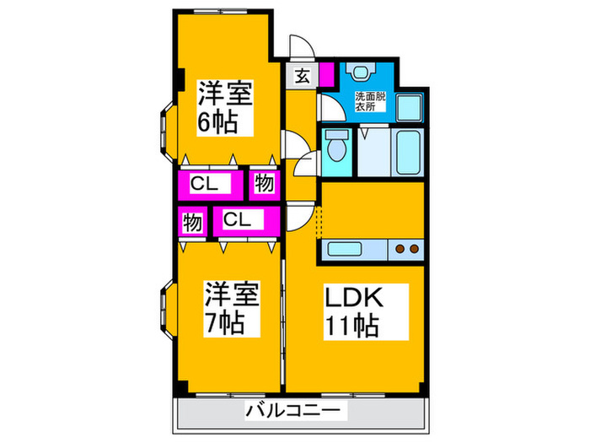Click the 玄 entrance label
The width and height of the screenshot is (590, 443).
[x=302, y=76]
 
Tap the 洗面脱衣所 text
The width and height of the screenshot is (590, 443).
[x=369, y=100]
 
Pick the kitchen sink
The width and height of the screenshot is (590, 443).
[x=346, y=250]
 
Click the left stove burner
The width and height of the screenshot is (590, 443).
[x=399, y=249]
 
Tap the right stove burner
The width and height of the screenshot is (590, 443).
[x=414, y=249]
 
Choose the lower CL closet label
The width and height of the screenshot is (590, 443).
[x=237, y=221]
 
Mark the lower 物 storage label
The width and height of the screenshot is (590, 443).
[x=191, y=223]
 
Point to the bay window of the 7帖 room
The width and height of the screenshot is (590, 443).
[x=161, y=307]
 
